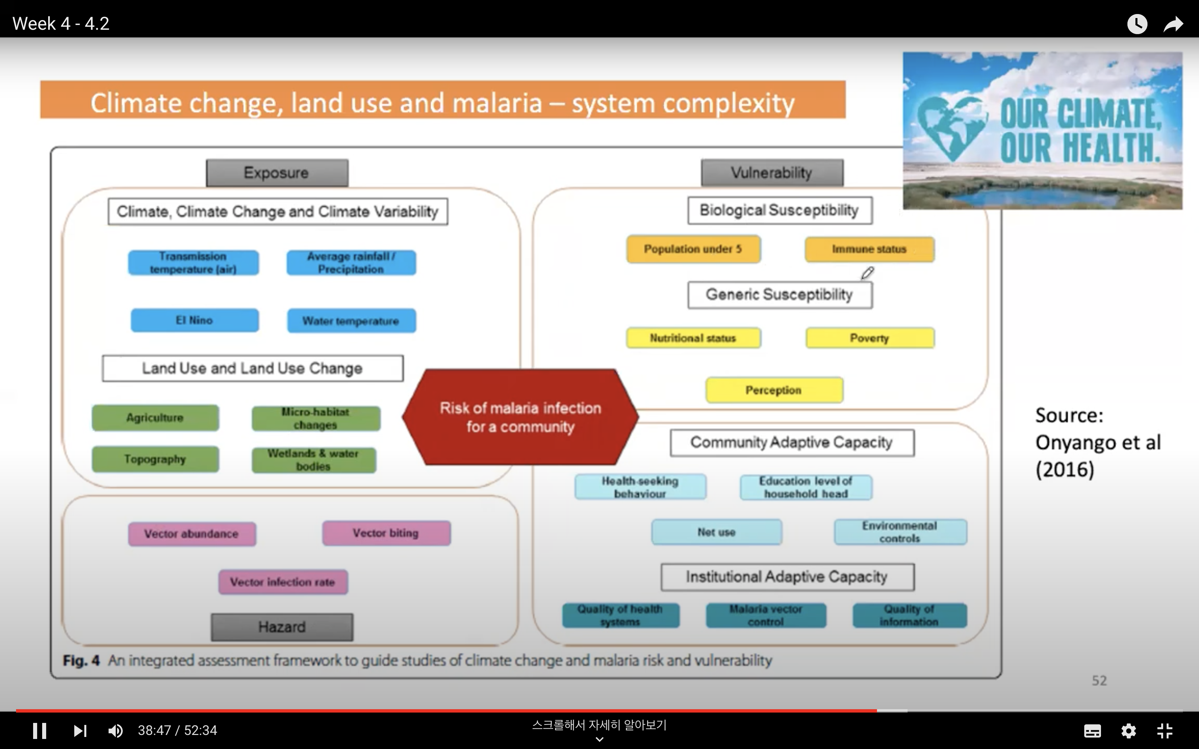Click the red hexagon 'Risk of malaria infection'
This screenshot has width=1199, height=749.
(520, 417)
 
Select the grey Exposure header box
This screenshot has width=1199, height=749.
(277, 173)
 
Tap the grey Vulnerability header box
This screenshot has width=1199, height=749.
(772, 173)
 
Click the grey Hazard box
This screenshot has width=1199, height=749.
(282, 627)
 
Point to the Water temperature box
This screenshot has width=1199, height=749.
(351, 321)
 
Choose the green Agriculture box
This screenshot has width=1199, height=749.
(155, 418)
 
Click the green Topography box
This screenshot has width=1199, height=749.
(155, 459)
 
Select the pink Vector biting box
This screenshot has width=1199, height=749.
(386, 533)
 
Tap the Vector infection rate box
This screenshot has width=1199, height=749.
(283, 582)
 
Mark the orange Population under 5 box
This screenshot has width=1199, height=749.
(693, 249)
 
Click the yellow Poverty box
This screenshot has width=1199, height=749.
(869, 338)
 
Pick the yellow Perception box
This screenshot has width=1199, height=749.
(774, 390)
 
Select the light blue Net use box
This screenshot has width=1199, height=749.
(717, 532)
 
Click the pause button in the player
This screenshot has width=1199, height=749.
(39, 731)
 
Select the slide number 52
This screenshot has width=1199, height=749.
(1099, 681)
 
